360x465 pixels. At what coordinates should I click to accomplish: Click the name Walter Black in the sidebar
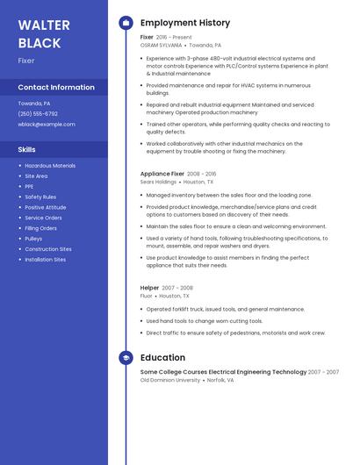coord(40,33)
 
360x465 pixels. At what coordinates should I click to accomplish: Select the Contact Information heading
coord(56,87)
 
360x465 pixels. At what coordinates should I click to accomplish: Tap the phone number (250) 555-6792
coord(38,113)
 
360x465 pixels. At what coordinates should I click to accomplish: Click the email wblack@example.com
coord(47,124)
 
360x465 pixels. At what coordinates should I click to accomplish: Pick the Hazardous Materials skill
coord(50,165)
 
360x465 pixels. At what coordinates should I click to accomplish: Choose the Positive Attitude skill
coord(46,207)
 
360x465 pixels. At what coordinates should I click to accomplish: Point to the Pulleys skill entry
coord(33,239)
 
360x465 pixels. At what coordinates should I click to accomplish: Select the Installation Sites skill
coord(45,260)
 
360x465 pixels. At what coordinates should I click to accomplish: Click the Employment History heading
coord(185,23)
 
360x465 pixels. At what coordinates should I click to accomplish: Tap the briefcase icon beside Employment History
coord(126,23)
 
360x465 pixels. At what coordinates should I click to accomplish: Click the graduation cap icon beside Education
coord(126,357)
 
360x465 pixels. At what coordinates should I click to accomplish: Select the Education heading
coord(162,357)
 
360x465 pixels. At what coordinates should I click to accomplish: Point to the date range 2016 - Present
coord(174,38)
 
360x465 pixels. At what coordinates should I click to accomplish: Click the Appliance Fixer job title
coord(162,174)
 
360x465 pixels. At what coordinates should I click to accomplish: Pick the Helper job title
coord(149,288)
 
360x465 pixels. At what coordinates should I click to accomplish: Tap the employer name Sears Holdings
coord(158,182)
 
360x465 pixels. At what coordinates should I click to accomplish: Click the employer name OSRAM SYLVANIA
coord(161,45)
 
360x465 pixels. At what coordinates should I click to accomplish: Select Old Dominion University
coord(169,380)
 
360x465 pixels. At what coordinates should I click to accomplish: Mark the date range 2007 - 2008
coord(177,288)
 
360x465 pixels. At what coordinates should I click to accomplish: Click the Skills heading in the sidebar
coord(26,149)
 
